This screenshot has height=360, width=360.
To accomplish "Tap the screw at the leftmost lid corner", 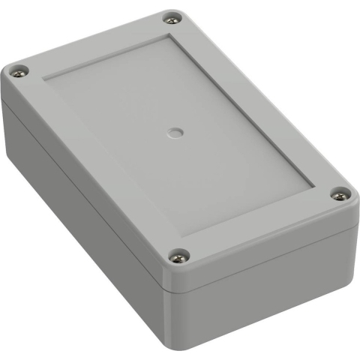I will click(19, 72).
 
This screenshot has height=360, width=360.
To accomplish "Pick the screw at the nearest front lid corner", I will click(179, 259).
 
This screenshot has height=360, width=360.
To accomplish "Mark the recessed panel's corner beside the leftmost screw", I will click(46, 77).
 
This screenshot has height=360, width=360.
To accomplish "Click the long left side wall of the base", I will click(75, 217).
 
